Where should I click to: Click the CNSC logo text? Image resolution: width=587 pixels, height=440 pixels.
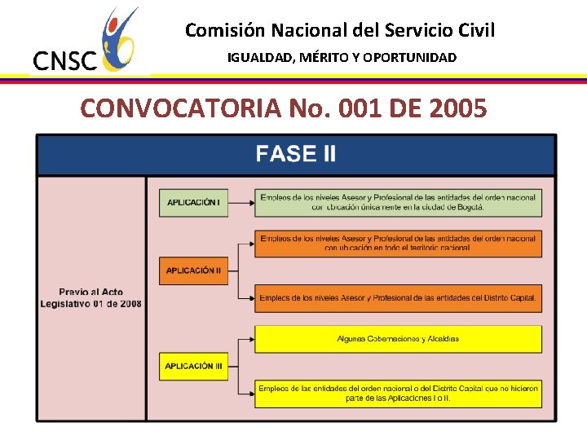tap(64, 61)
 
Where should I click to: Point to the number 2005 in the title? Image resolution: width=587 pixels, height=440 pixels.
tap(452, 108)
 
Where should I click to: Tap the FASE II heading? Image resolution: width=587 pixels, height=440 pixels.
tap(295, 154)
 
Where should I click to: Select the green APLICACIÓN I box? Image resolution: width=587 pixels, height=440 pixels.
tap(193, 202)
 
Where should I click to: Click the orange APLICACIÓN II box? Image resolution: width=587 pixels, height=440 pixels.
tap(193, 271)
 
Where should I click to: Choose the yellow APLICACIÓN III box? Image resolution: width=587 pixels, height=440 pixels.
tap(193, 366)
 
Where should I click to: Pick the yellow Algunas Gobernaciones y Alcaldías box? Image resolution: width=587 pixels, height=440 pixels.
tap(398, 339)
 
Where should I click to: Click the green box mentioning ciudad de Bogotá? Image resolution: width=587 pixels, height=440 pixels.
tap(398, 202)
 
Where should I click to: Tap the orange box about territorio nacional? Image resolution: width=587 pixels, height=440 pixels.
tap(398, 243)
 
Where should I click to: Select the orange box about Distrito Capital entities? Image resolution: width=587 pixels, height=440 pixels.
tap(398, 298)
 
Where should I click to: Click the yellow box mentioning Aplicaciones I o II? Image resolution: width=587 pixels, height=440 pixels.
tap(398, 393)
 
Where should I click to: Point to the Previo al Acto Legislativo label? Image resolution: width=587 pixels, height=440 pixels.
tap(91, 297)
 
